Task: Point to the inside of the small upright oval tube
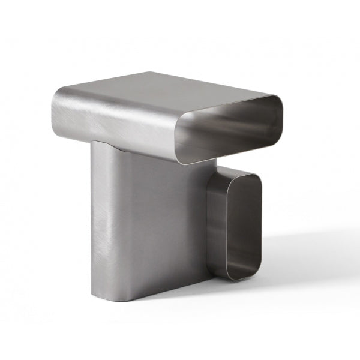pyautogui.click(x=235, y=225)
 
